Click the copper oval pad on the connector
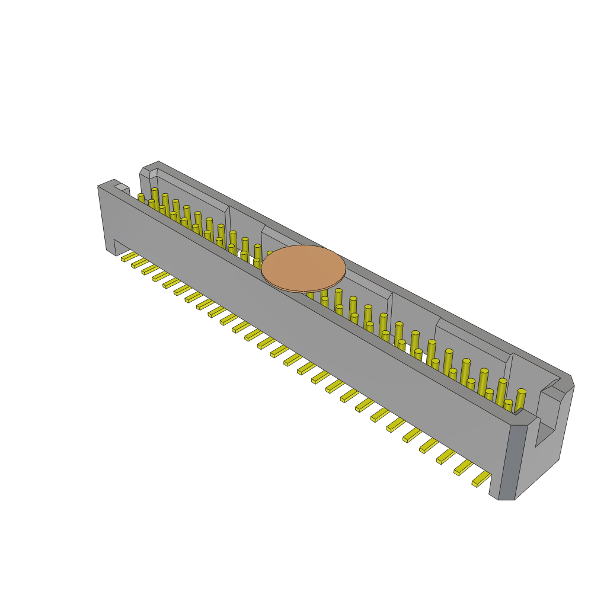(303, 268)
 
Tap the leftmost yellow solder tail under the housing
(129, 257)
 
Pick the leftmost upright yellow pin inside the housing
(141, 199)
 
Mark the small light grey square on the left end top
(121, 187)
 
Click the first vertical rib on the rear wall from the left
(228, 219)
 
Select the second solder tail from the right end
(464, 468)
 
